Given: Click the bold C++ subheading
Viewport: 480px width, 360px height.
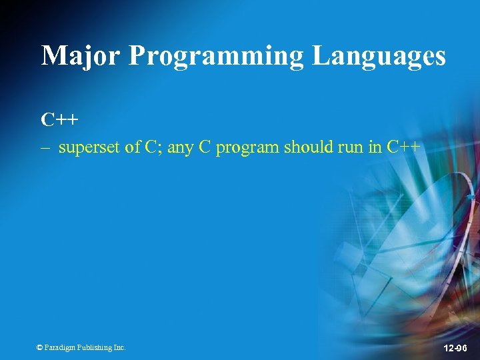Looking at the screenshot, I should [x=59, y=120].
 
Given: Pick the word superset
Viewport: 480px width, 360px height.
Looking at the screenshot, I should [x=89, y=148].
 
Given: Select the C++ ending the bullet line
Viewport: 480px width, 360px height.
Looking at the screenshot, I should [x=403, y=147].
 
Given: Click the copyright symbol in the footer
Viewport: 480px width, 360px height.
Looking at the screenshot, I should [x=39, y=347].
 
